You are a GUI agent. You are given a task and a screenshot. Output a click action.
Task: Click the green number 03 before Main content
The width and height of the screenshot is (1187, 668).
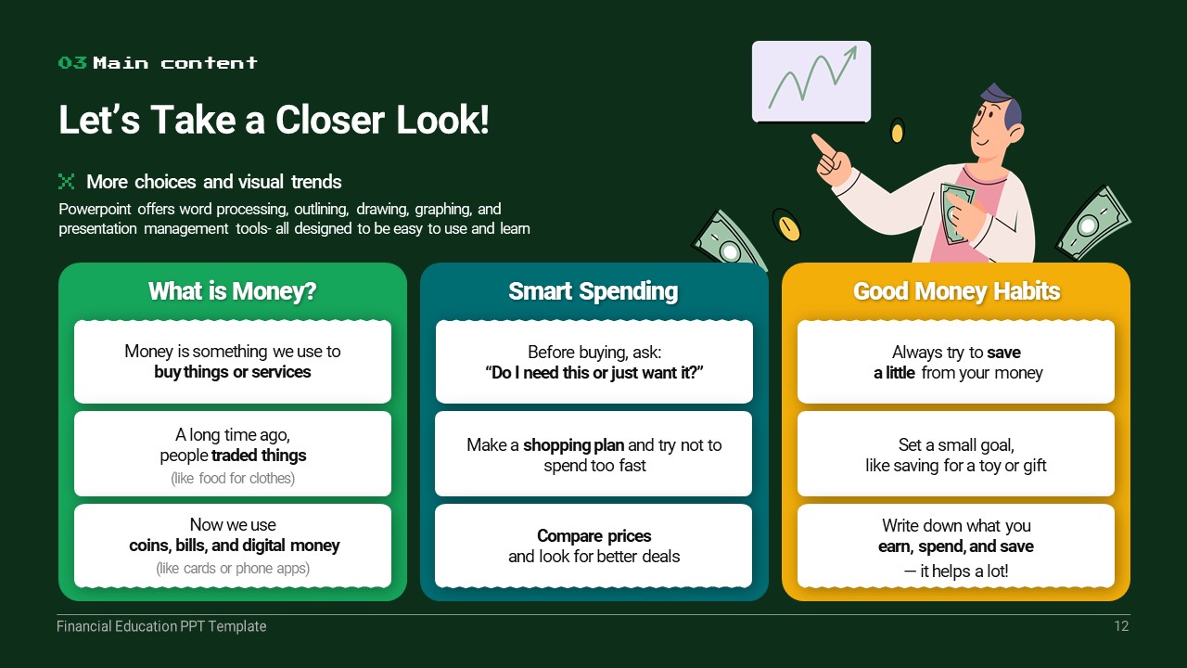click(72, 62)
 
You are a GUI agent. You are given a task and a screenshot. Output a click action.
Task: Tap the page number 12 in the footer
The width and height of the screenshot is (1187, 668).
click(1121, 626)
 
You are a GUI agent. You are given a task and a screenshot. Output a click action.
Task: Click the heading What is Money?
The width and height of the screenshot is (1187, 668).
click(232, 291)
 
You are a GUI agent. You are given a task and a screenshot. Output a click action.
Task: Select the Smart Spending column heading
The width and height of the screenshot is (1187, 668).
click(593, 291)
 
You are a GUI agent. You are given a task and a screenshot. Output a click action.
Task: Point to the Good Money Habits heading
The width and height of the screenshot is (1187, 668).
click(956, 291)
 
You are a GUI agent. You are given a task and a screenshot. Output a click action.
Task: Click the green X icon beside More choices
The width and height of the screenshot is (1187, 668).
click(66, 181)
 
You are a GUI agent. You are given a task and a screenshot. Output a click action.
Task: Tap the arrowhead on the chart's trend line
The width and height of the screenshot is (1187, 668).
click(851, 53)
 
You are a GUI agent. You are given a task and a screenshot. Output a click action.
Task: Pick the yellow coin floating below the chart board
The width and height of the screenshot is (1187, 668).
click(897, 131)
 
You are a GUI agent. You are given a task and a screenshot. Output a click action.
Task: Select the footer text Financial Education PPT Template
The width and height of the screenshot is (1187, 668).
click(161, 626)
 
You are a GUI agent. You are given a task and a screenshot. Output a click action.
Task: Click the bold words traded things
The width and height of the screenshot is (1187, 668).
click(259, 456)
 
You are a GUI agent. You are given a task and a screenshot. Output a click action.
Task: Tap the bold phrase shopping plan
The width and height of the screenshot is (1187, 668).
click(573, 444)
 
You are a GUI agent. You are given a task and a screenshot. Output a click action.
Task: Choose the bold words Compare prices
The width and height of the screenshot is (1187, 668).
click(594, 536)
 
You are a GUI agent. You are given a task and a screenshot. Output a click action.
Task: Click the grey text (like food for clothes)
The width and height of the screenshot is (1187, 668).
click(233, 478)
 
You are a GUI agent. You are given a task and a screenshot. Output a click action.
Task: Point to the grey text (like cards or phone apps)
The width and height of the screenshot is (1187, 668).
click(233, 569)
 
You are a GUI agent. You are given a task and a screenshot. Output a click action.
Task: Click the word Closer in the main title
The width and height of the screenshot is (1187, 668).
click(329, 120)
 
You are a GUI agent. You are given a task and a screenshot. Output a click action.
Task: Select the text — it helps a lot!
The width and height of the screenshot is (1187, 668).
click(956, 571)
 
